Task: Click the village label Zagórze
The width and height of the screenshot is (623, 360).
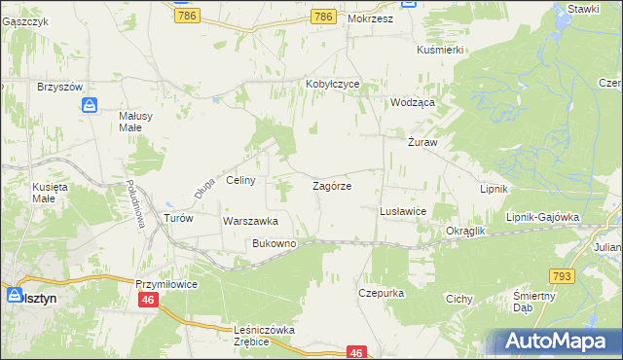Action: tap(331, 185)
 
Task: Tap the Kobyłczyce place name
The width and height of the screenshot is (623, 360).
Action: tap(333, 84)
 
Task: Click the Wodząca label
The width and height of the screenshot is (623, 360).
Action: tap(412, 101)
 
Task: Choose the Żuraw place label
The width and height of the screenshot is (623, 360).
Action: tap(422, 142)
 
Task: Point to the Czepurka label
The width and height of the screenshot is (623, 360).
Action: tap(381, 292)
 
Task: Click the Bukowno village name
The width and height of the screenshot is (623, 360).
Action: tap(274, 243)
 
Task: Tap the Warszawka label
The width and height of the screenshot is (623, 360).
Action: tap(251, 221)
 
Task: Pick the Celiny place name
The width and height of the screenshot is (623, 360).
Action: tap(240, 180)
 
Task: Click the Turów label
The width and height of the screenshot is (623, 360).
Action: tap(179, 218)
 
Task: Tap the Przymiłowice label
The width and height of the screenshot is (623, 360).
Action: tap(166, 283)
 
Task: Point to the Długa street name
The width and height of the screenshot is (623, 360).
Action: tap(202, 186)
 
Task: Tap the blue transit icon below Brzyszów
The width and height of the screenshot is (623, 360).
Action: tap(90, 104)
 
